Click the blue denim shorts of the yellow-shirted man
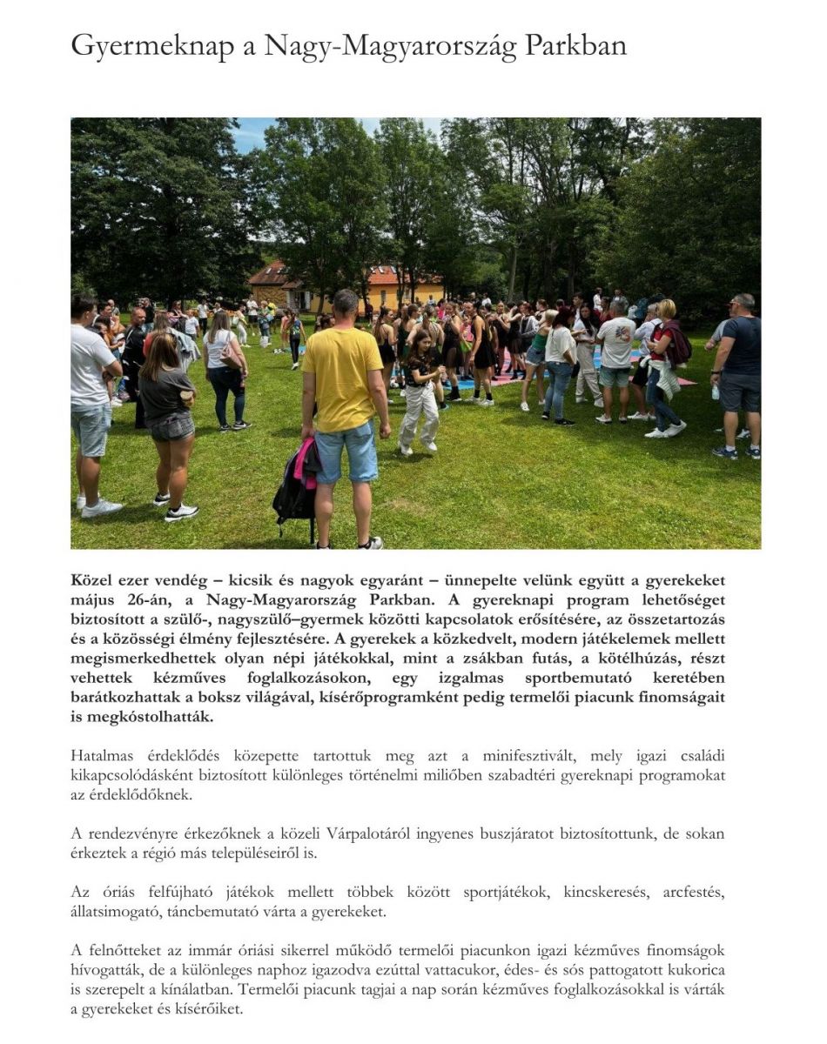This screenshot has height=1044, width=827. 346,452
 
